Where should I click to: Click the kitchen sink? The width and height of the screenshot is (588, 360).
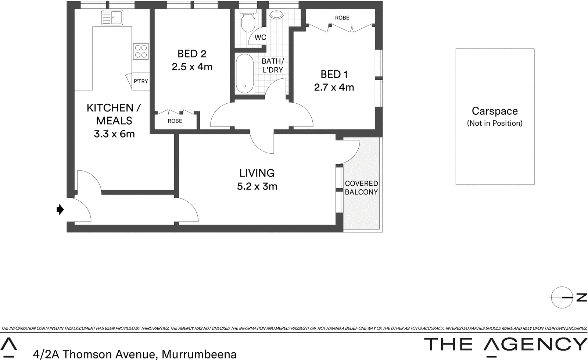tap(112, 17)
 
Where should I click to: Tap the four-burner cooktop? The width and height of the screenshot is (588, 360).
tap(141, 51)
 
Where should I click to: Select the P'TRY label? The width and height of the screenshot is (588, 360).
tap(141, 81)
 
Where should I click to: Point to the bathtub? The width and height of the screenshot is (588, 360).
tap(244, 74)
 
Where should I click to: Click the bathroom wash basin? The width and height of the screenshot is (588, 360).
tap(276, 14)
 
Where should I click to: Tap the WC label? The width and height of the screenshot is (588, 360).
tap(260, 38)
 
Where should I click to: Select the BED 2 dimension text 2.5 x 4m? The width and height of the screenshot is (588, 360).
tap(192, 67)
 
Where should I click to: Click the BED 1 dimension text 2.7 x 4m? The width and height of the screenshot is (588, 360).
tap(334, 88)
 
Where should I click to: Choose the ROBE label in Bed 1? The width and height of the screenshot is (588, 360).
tap(342, 18)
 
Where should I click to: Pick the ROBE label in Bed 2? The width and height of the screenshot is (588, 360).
tap(175, 121)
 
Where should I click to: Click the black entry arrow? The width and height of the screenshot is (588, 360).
tap(60, 210)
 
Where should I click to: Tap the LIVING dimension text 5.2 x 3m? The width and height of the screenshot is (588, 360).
tap(257, 186)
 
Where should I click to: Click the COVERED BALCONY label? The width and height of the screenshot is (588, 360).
tap(361, 188)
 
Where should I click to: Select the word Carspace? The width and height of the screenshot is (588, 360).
tap(495, 111)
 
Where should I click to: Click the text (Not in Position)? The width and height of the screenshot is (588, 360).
tap(495, 123)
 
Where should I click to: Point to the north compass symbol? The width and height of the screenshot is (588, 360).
tap(563, 297)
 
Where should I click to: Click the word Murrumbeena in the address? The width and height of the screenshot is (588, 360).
tap(199, 354)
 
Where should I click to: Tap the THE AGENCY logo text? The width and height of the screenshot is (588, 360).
tap(506, 345)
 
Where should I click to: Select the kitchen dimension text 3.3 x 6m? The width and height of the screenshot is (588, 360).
tap(114, 134)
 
